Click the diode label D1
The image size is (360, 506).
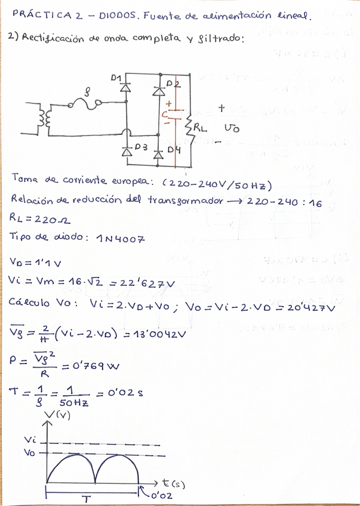click(116, 78)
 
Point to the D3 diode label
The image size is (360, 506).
click(140, 146)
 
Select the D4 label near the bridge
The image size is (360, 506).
click(174, 149)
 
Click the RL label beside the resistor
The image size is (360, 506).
click(201, 128)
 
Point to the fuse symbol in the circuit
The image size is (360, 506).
click(88, 103)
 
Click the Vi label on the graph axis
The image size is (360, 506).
click(30, 440)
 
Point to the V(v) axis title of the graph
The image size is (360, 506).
click(58, 416)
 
